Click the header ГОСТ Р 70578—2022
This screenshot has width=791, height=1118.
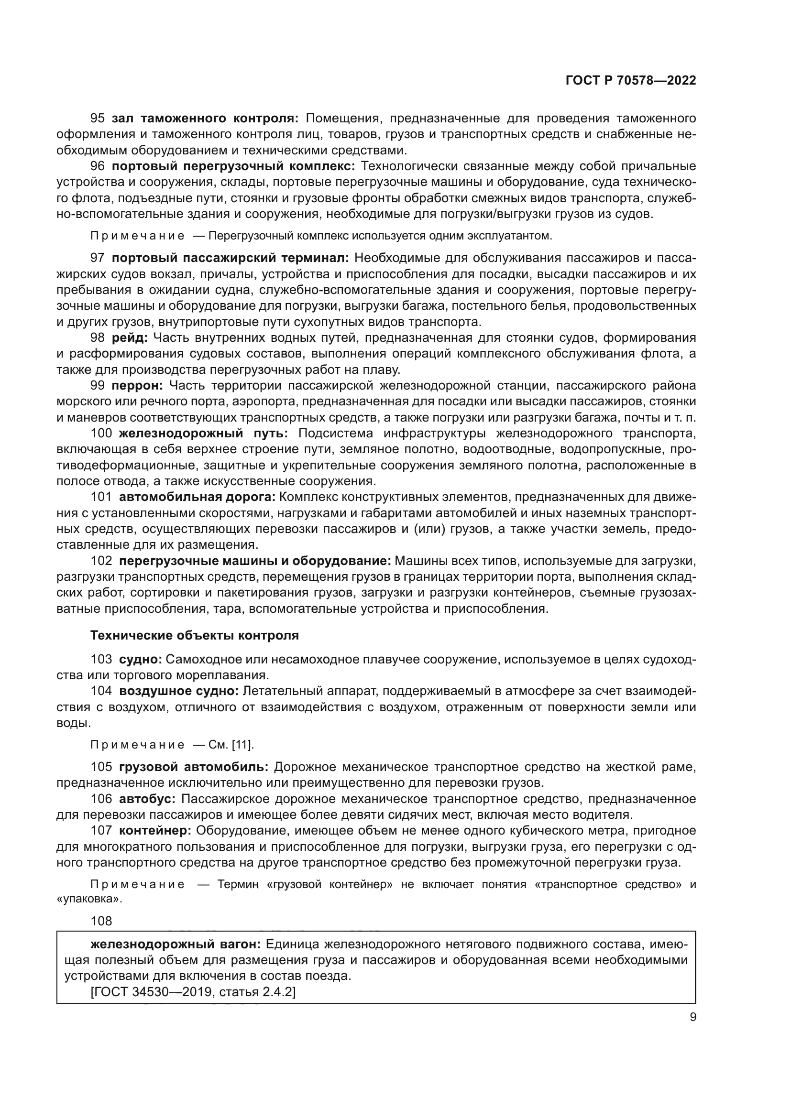coord(631,81)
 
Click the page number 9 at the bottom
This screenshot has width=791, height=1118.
coord(692,1017)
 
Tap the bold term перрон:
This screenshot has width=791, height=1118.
coord(137,386)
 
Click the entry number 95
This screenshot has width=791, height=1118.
coord(98,119)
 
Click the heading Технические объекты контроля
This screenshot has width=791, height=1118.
coord(194,635)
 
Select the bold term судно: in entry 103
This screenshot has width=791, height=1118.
coord(140,659)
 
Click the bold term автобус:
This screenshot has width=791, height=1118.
coord(147,799)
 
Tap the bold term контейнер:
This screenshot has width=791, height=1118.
coord(155,831)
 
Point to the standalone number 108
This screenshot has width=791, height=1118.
coord(101,921)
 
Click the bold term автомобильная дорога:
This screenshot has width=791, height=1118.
coord(197,497)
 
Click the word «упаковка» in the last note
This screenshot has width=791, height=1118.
coord(89,899)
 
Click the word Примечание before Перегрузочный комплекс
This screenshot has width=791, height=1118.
coord(137,236)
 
